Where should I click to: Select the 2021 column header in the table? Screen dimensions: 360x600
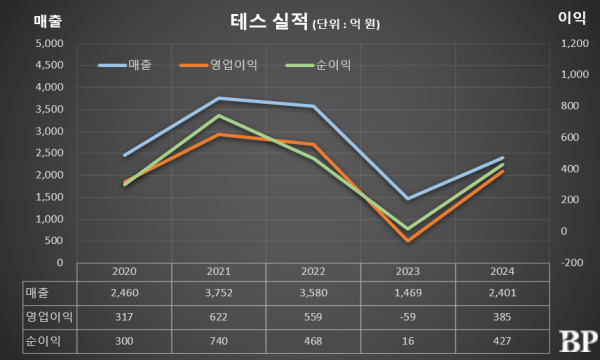click(219, 272)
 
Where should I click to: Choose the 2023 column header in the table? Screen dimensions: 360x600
click(409, 272)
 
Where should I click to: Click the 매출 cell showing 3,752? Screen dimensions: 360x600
click(219, 292)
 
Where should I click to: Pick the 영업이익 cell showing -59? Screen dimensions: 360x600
click(409, 317)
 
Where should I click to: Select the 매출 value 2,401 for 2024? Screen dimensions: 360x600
click(503, 292)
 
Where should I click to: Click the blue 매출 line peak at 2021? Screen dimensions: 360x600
click(219, 98)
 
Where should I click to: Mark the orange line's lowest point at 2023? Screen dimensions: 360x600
click(409, 241)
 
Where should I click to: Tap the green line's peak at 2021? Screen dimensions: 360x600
click(219, 116)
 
